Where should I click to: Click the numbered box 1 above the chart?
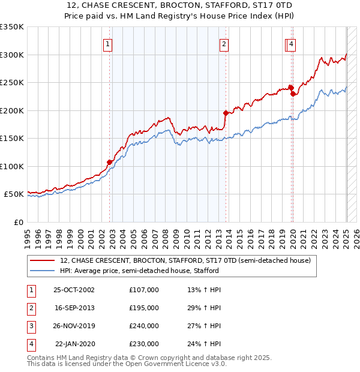click(x=107, y=43)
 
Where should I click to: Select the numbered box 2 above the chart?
click(x=223, y=43)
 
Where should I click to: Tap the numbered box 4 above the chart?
click(x=291, y=43)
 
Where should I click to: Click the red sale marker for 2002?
click(x=110, y=162)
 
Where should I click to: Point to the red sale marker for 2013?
click(x=226, y=113)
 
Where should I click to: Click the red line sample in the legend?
click(x=43, y=261)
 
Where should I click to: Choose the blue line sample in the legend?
click(x=43, y=271)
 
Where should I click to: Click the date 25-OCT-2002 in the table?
click(x=74, y=290)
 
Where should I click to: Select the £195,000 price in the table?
click(x=144, y=308)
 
